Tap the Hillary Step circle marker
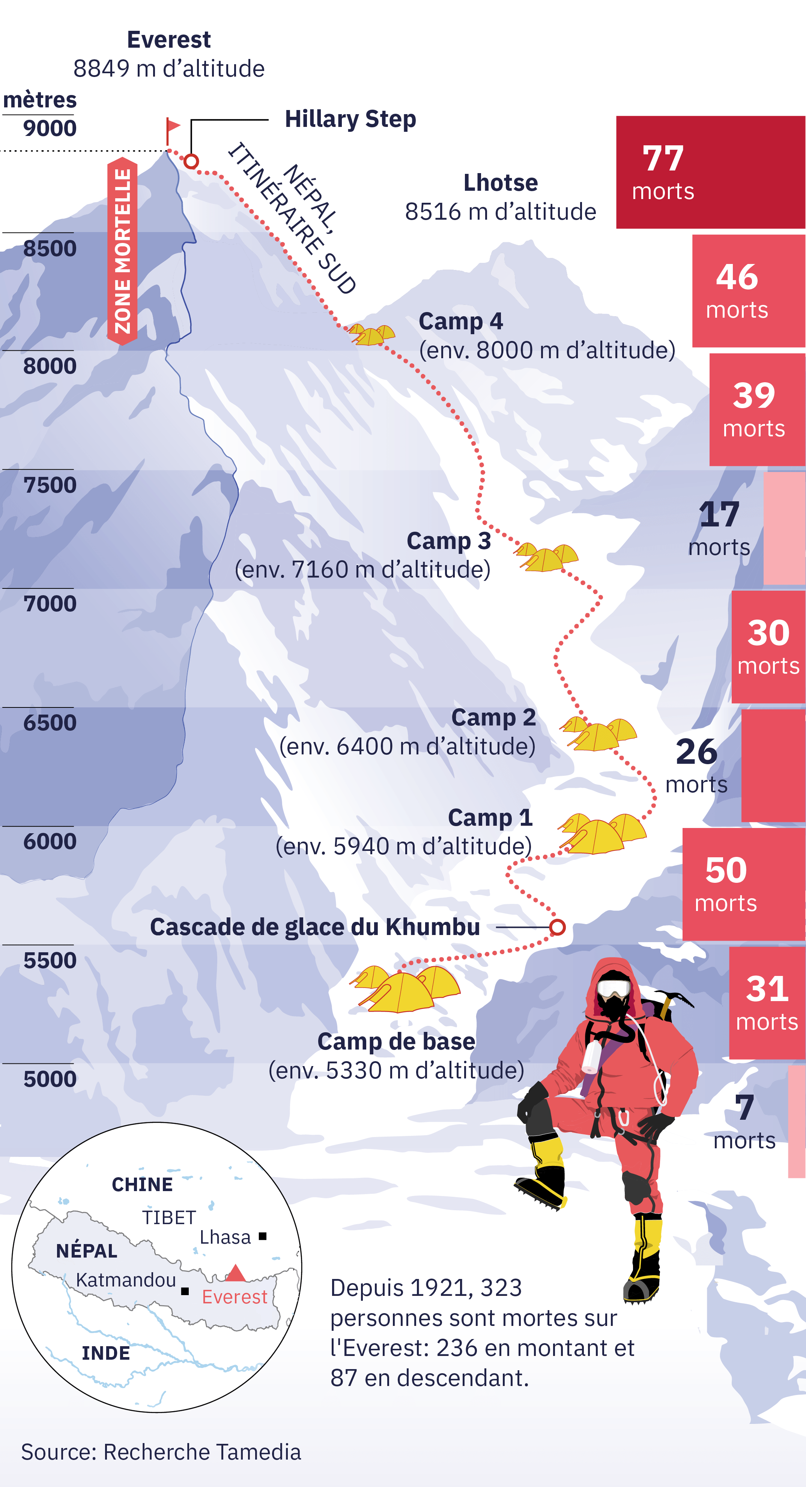pos(191,161)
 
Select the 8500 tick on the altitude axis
pos(50,249)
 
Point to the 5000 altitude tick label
pos(50,1079)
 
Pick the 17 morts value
pos(719,514)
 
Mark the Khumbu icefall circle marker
pos(557,927)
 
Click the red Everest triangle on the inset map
pos(235,1273)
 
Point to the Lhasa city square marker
pos(263,1236)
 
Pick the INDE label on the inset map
pos(105,1353)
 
